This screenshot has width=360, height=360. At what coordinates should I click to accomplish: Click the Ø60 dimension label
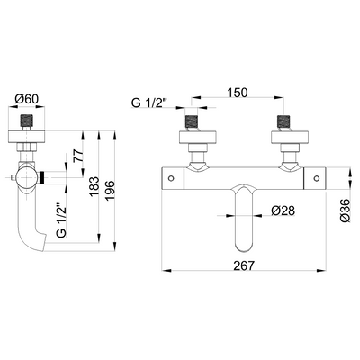[x=26, y=99]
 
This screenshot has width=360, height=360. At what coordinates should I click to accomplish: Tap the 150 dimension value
[x=237, y=93]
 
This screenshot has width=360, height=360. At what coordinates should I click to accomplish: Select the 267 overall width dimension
[x=244, y=265]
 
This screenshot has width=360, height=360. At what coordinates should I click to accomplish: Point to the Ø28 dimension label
[x=283, y=211]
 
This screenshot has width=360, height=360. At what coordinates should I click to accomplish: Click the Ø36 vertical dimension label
[x=346, y=210]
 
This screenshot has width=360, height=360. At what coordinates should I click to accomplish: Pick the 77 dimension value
[x=78, y=157]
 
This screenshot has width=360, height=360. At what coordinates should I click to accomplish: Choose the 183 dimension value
[x=94, y=186]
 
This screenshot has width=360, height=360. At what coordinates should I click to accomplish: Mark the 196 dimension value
[x=110, y=191]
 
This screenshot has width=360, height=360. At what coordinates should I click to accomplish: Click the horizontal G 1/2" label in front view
[x=149, y=103]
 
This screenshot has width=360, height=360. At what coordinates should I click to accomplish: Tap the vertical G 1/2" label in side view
[x=61, y=218]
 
